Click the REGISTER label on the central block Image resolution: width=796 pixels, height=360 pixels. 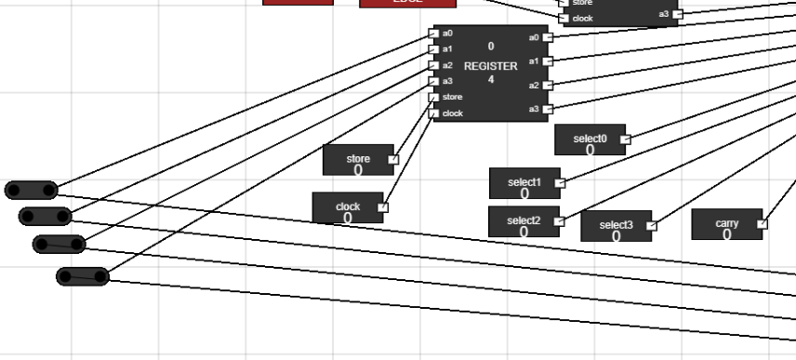point(490,66)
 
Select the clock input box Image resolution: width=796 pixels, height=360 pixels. point(347,207)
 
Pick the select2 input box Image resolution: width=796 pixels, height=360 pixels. point(524,221)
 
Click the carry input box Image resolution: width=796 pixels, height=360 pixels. point(726,224)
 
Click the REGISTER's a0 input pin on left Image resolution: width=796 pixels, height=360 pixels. point(433,33)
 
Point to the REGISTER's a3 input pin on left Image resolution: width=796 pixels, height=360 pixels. point(433,81)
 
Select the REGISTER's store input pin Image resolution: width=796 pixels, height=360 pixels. point(433,97)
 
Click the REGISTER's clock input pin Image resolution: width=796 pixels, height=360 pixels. point(433,113)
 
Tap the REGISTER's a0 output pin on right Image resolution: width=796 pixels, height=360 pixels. point(548,37)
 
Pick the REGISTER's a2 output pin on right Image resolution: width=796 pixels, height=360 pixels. point(548,86)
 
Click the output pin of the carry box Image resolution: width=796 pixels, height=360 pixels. point(762,223)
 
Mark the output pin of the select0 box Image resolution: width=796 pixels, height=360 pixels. point(625,140)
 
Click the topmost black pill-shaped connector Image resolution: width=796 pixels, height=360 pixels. point(32,191)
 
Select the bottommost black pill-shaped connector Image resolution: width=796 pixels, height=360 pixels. point(83,276)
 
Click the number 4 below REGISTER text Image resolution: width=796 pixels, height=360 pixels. point(490,80)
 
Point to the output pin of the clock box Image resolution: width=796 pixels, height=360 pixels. point(382,207)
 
